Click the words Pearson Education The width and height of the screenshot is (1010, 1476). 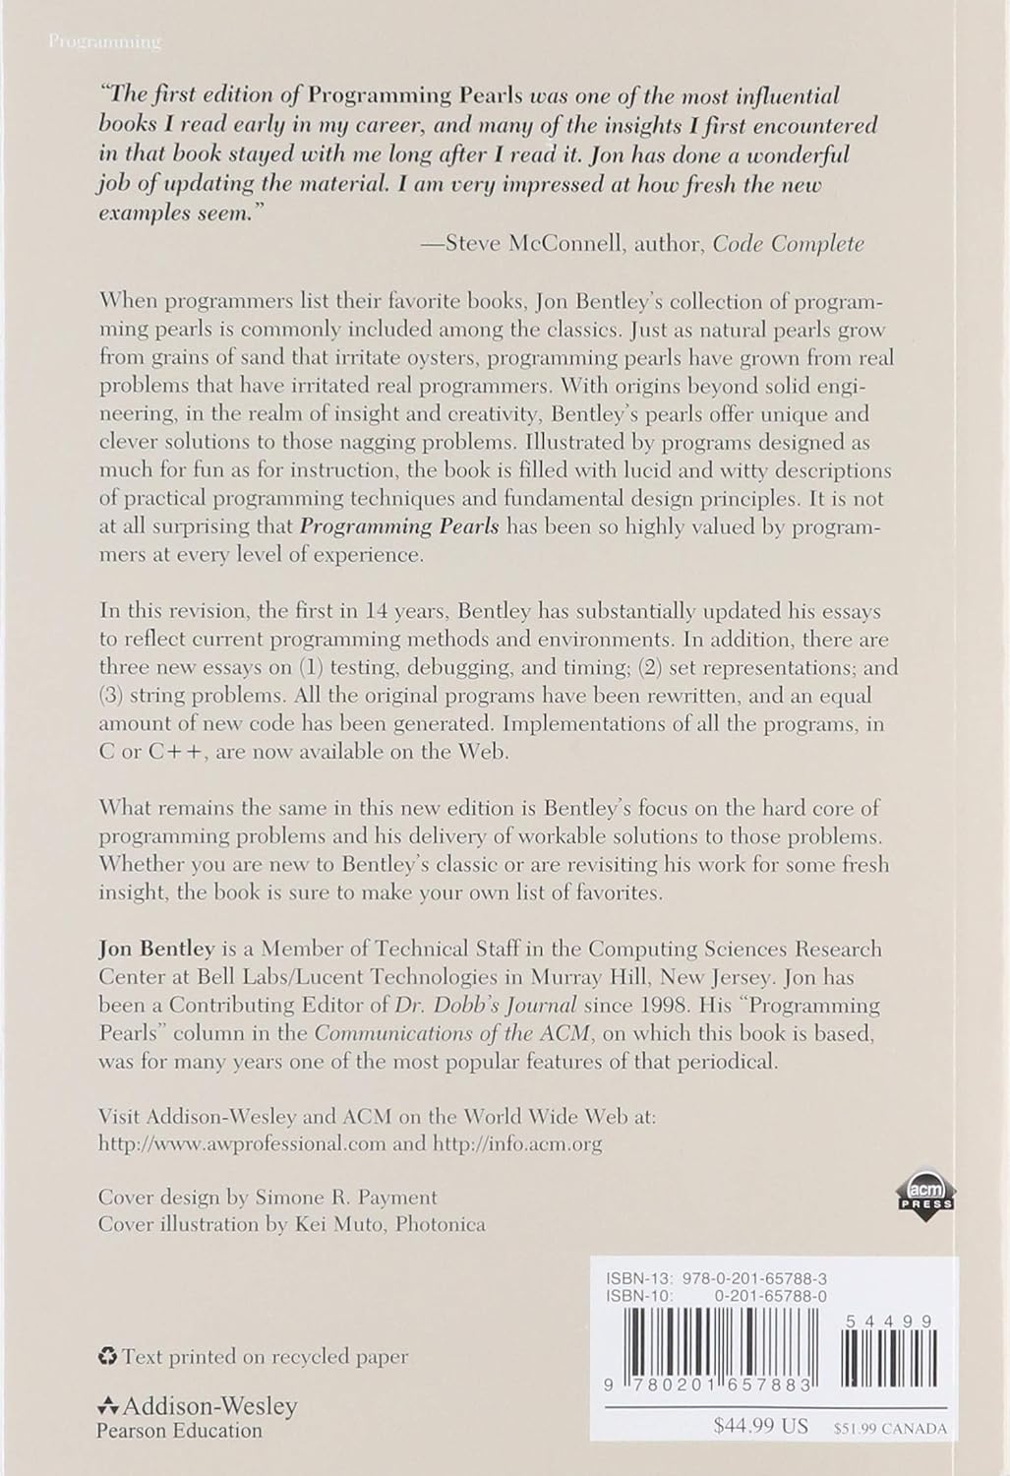(x=179, y=1431)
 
